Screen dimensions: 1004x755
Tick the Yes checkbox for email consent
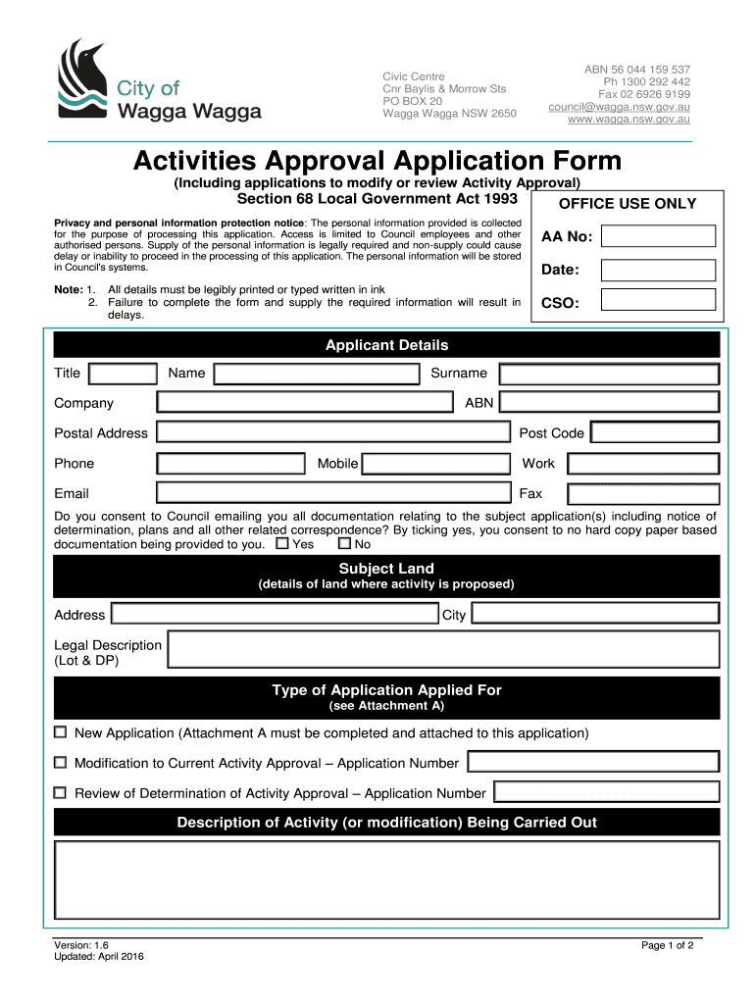[282, 543]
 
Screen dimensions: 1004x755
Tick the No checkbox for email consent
[343, 543]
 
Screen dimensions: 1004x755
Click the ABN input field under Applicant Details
[608, 403]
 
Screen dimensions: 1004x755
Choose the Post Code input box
[654, 433]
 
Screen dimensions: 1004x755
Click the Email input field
[333, 493]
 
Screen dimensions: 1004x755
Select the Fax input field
[642, 493]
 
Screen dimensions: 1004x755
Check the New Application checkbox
[61, 732]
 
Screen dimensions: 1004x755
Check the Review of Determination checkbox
[61, 792]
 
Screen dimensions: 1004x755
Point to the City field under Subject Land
[595, 615]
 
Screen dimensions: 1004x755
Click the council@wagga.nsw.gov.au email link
[619, 106]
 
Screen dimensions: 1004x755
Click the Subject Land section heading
[386, 569]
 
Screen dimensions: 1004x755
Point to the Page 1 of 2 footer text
[667, 946]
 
